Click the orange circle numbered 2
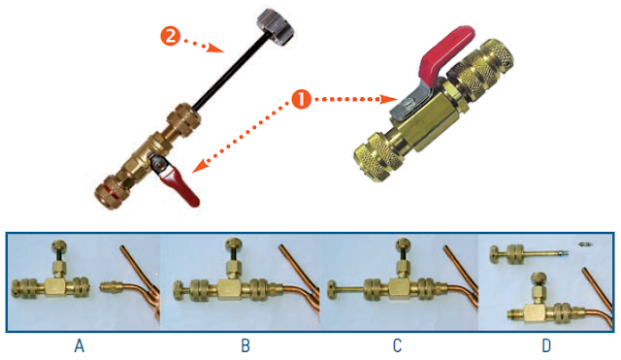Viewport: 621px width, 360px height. pos(170,37)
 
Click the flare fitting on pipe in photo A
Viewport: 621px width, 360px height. pos(114,287)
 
